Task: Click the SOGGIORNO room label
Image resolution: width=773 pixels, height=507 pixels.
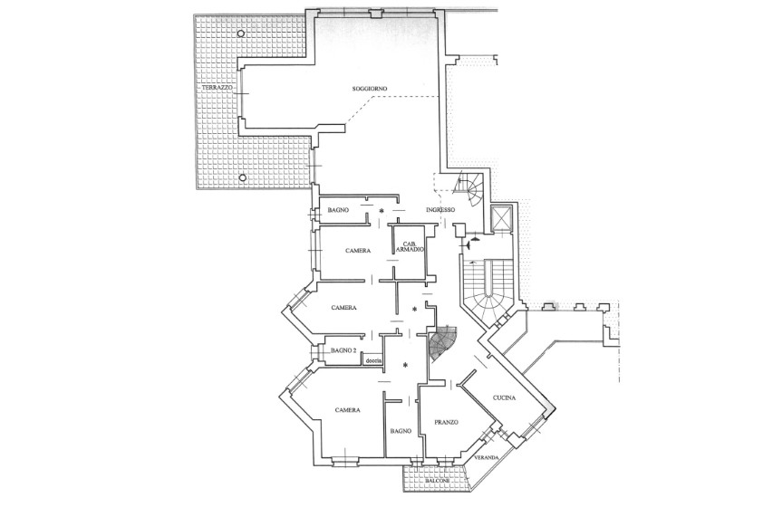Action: point(369,89)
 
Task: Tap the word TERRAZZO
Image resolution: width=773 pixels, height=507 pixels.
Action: point(217,87)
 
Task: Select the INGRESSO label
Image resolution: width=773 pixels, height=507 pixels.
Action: point(440,210)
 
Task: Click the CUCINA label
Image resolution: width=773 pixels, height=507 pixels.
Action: point(504,398)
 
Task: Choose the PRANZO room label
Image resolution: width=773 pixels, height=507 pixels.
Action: point(447,422)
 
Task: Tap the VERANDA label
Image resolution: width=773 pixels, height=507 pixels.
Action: point(487,458)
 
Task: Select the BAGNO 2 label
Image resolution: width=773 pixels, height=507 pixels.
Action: point(343,350)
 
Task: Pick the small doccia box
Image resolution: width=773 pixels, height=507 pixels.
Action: point(373,360)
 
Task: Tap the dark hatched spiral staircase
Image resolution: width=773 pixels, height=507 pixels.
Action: point(443,342)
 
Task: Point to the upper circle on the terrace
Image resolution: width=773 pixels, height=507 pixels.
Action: point(240,33)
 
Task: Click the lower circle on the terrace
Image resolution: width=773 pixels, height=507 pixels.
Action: point(242,177)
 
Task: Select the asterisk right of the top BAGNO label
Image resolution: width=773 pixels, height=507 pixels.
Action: point(382,211)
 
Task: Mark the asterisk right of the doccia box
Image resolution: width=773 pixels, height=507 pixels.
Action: point(405,365)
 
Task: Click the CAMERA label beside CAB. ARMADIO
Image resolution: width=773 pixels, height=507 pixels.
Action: point(358,251)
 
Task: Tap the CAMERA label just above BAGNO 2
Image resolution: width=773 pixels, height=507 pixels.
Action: point(343,308)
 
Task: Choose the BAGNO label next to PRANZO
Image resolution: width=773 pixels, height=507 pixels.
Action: point(401,431)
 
